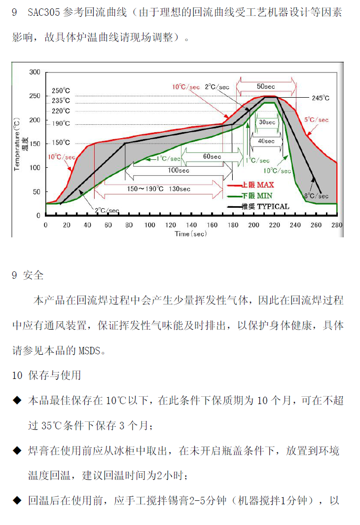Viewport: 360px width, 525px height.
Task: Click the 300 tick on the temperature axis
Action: coord(35,72)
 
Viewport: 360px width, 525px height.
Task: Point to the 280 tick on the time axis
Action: coord(337,225)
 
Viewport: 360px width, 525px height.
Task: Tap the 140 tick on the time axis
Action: coord(191,225)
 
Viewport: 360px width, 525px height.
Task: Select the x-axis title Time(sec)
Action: coord(191,233)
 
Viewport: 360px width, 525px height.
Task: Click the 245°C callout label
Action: coord(321,98)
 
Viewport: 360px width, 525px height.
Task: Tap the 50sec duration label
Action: coord(266,86)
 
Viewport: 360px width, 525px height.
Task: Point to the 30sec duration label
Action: coord(267,122)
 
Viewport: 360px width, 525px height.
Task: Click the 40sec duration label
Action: coord(266,141)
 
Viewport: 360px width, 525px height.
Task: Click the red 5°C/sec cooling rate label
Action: coord(316,119)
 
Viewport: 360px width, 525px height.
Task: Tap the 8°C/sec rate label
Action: coord(316,196)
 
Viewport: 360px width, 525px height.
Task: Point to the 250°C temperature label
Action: coord(61,91)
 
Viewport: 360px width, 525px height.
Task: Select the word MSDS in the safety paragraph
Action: coord(89,351)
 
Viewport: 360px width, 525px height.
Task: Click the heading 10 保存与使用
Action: coord(46,375)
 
